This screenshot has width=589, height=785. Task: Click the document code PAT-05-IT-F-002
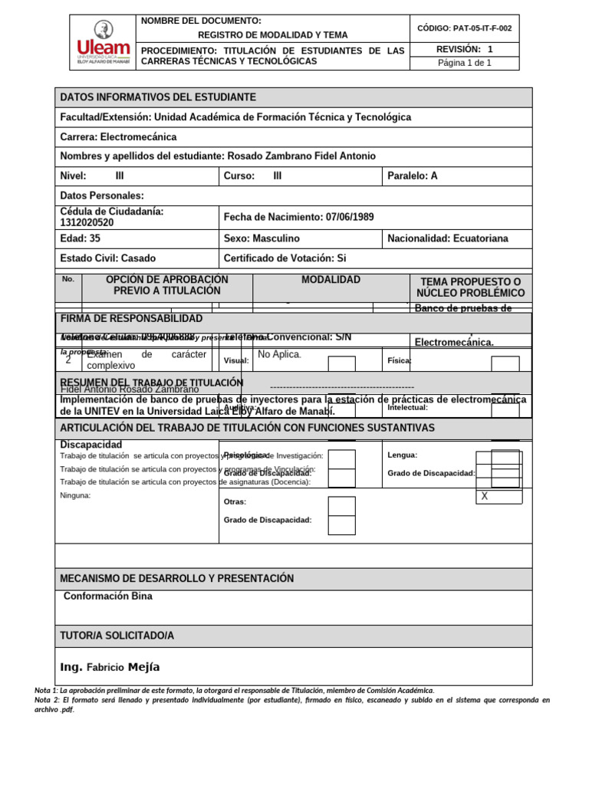[464, 28]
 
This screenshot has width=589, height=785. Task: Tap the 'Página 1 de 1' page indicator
[464, 63]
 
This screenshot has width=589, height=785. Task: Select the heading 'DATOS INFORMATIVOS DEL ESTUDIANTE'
[158, 97]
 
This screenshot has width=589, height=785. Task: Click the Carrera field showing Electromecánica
[118, 137]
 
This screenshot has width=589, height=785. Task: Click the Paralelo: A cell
[413, 176]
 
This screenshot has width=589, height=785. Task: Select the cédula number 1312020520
[87, 223]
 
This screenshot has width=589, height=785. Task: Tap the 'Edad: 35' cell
[81, 239]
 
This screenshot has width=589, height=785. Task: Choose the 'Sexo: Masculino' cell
[262, 239]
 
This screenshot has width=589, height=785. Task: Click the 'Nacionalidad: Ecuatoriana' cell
[448, 239]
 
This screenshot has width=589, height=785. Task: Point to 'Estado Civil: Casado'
[107, 259]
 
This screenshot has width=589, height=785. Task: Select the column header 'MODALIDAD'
[331, 281]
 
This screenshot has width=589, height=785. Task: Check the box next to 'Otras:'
[341, 506]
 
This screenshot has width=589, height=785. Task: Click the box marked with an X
[499, 497]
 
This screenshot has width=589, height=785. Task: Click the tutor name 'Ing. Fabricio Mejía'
[110, 667]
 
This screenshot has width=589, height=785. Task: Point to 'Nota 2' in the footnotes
[47, 701]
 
